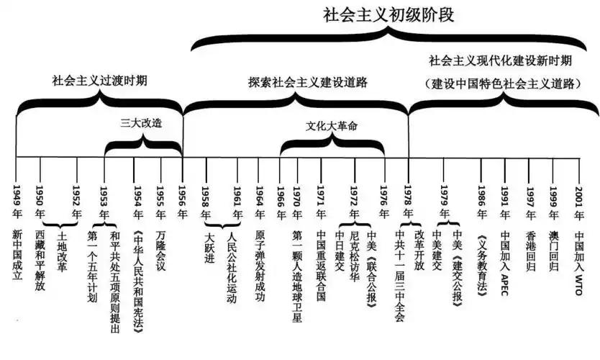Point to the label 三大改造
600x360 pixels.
(x=141, y=122)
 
